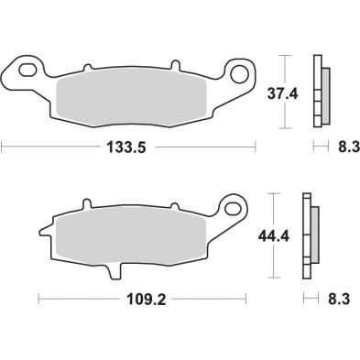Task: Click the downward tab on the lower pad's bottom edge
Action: (114, 270)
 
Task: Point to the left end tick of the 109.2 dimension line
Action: (38, 298)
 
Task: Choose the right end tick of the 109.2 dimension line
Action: (246, 298)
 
